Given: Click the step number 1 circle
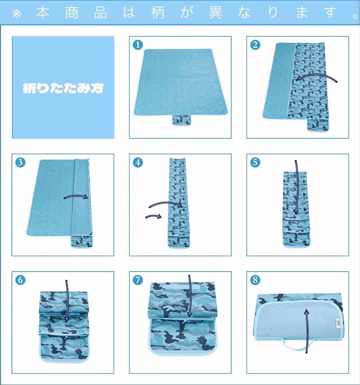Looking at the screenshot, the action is click(137, 45).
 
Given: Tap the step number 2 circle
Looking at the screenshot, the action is click(255, 45).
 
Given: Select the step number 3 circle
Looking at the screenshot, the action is click(20, 162).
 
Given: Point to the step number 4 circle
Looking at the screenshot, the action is click(137, 162).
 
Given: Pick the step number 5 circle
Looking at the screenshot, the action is click(255, 162).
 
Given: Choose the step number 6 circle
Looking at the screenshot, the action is click(20, 280).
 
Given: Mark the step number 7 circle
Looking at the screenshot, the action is click(137, 280).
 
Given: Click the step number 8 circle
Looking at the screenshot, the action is click(255, 280).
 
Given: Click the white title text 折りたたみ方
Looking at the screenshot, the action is click(63, 88).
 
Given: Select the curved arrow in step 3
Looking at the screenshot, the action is click(76, 196).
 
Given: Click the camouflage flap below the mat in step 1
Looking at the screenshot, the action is click(181, 120).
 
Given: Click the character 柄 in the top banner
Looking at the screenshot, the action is click(158, 12).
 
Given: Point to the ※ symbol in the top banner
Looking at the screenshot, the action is click(17, 14).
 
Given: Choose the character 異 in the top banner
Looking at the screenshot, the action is click(215, 12).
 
